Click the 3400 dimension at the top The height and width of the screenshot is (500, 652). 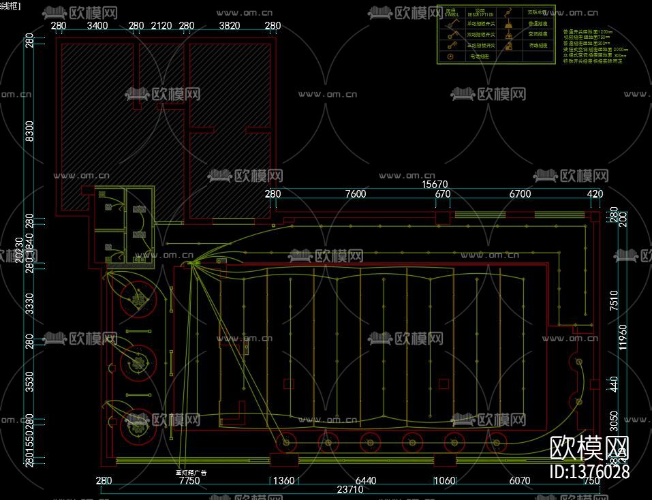pos(97,27)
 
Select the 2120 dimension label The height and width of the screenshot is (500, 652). pos(161,27)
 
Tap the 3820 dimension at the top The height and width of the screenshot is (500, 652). pos(230,27)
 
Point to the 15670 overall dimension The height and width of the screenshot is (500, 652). pos(434,185)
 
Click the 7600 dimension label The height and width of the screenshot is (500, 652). pos(356,194)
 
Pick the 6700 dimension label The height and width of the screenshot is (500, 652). pos(520,194)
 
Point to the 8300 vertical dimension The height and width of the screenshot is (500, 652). pos(29,130)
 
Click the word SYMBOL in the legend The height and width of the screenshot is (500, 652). pos(452,14)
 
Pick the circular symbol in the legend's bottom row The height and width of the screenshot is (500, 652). pos(450,57)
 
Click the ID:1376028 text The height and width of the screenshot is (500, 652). pos(589,471)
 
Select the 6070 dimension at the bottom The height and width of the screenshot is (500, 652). pos(519,481)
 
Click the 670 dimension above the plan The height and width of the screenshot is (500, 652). pos(443,194)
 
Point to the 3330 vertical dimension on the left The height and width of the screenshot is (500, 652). pos(29,302)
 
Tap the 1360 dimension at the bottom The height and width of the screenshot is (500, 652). pos(283,481)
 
